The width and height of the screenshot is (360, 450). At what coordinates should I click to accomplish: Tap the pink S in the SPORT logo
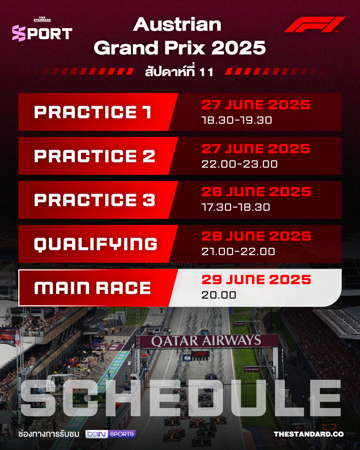[x=19, y=33]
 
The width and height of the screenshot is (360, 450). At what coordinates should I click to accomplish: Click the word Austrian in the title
[x=177, y=25]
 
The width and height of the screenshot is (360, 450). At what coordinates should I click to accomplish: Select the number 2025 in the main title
[x=239, y=47]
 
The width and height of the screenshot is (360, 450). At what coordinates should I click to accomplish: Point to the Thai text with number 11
[x=179, y=71]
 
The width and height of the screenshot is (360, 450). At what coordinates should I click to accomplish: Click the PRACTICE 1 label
[x=93, y=112]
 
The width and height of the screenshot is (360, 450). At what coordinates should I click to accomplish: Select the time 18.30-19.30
[x=237, y=120]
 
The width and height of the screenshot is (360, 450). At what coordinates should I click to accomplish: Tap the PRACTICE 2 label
[x=95, y=156]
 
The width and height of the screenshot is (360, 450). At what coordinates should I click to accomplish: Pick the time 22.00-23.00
[x=240, y=164]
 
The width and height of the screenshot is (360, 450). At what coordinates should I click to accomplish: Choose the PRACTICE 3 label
[x=95, y=200]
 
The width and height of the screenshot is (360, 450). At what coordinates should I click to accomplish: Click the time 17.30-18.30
[x=236, y=207]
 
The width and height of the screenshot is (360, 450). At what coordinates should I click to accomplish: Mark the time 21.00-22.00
[x=238, y=252]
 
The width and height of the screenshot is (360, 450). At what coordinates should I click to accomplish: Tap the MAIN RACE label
[x=92, y=288]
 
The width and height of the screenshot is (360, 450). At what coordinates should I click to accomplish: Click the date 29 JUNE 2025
[x=256, y=280]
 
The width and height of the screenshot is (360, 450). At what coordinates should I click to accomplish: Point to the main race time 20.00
[x=219, y=295]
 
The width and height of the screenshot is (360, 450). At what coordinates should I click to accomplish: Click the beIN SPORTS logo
[x=111, y=434]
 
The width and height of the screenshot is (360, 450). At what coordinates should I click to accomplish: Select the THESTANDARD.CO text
[x=309, y=434]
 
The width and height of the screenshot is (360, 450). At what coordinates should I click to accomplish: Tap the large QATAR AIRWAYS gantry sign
[x=206, y=341]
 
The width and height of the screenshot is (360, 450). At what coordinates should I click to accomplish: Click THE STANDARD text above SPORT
[x=42, y=19]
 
